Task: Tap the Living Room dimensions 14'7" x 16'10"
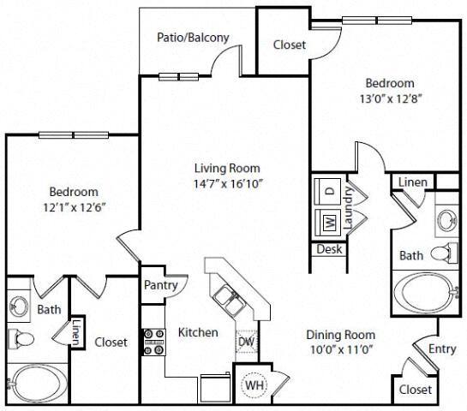(x=226, y=183)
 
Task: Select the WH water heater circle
(x=254, y=385)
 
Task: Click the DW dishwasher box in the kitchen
(x=245, y=341)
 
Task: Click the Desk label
(x=328, y=249)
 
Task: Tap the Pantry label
(x=160, y=285)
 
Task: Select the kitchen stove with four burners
(x=153, y=342)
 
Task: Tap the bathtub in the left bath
(x=37, y=385)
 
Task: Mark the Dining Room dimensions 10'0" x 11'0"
(x=341, y=351)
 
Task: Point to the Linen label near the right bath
(x=414, y=182)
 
